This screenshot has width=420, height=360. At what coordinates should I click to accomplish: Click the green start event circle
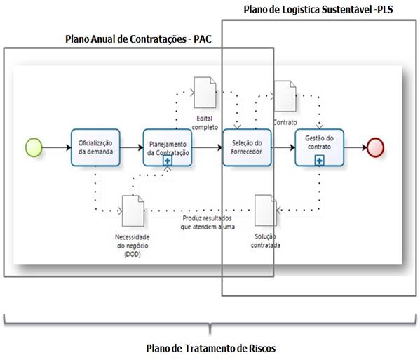click(x=34, y=147)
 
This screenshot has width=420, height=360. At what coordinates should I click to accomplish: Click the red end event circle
click(x=375, y=147)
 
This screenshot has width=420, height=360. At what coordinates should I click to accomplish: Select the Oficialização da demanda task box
click(x=95, y=147)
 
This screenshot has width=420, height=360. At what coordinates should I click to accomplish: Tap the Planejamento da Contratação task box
click(x=168, y=147)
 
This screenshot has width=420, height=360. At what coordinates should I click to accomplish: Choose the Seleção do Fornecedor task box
click(x=247, y=147)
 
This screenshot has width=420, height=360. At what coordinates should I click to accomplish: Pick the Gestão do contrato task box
click(x=319, y=147)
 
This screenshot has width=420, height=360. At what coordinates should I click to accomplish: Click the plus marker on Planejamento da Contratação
click(x=168, y=161)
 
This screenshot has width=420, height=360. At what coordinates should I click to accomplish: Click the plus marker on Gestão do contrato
click(x=319, y=161)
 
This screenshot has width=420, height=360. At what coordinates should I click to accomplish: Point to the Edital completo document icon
click(x=205, y=93)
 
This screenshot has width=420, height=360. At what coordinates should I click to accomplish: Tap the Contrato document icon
click(x=285, y=96)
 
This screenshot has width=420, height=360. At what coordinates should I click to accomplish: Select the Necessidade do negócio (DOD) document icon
click(x=133, y=211)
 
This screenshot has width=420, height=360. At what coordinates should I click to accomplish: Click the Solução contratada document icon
click(x=266, y=210)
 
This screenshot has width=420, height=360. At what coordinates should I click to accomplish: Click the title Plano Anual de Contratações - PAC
click(x=138, y=39)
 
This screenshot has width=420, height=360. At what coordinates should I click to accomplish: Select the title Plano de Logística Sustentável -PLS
click(x=318, y=10)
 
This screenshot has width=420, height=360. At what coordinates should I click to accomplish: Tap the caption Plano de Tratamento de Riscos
click(x=211, y=348)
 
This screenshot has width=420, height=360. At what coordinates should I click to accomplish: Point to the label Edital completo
click(x=205, y=123)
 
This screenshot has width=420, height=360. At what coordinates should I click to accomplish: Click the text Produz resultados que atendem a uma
click(x=208, y=222)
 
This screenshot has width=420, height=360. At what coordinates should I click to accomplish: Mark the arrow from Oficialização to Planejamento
click(x=132, y=147)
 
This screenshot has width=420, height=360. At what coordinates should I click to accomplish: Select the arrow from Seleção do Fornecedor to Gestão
click(x=283, y=147)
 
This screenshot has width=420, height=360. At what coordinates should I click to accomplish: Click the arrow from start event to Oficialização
click(x=57, y=147)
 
